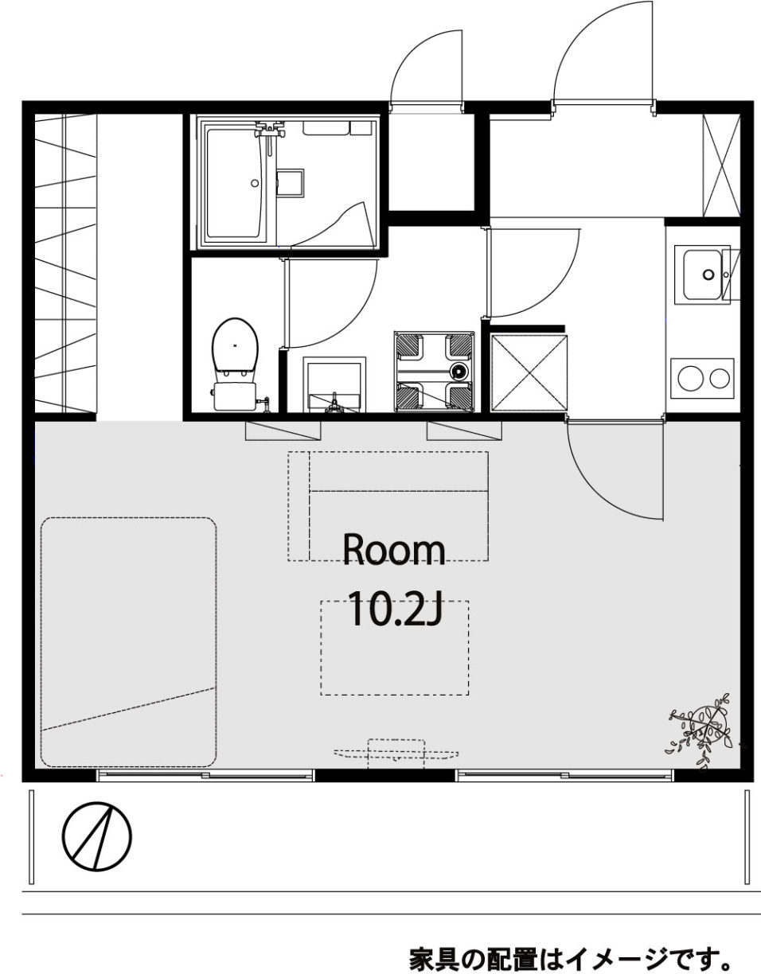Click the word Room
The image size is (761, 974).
(394, 550)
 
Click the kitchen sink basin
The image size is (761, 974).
(702, 275)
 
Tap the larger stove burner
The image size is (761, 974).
(690, 378)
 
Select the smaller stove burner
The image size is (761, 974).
(720, 378)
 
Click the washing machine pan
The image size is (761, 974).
(435, 371)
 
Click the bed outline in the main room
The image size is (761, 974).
(129, 642)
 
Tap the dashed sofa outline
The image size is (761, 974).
(388, 506)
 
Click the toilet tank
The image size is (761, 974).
(235, 396)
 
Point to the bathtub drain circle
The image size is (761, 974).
(255, 183)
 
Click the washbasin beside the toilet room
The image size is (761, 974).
(334, 384)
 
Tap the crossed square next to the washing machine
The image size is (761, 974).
(529, 372)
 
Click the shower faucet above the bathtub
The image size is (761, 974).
(269, 131)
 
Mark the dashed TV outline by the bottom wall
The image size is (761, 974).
(396, 754)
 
